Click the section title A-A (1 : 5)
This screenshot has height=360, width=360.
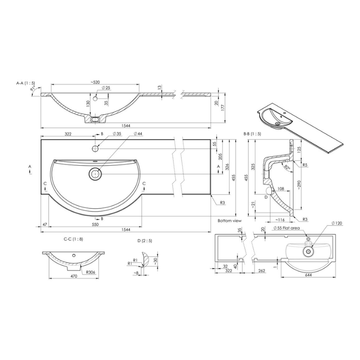click(26, 83)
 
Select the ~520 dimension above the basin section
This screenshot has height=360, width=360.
click(94, 82)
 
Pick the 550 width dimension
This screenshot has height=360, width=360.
click(95, 224)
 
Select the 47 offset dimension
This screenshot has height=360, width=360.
click(45, 224)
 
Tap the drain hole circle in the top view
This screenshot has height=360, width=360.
click(95, 173)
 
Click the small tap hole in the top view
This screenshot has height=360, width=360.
click(95, 148)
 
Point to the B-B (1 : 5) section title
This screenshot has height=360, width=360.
click(252, 134)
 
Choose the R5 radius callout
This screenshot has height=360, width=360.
click(305, 165)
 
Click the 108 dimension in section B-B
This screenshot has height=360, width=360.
click(280, 189)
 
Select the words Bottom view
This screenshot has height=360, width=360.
click(229, 221)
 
